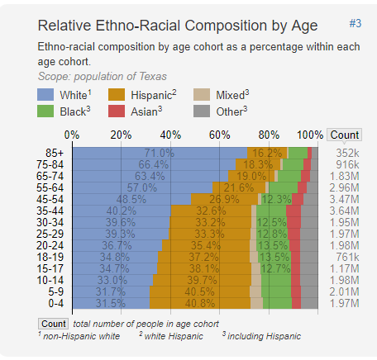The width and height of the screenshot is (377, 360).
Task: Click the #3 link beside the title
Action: [356, 24]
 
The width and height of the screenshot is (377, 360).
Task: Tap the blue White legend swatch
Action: [45, 95]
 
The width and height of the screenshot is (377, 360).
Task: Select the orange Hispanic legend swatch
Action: [117, 95]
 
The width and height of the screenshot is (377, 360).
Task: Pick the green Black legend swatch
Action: [45, 111]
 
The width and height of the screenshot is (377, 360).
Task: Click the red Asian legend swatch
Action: [117, 111]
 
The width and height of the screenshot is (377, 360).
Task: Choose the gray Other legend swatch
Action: [202, 111]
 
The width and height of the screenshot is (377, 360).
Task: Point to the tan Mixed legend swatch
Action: [202, 95]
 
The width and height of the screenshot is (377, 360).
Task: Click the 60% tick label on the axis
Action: [220, 135]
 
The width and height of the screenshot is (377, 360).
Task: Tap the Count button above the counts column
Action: [345, 135]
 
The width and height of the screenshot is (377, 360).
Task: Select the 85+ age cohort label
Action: [55, 153]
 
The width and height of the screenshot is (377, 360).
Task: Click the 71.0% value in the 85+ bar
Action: [160, 153]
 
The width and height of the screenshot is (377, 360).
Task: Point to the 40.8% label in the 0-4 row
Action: [200, 303]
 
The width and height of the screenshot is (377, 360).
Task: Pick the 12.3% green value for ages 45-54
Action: [276, 199]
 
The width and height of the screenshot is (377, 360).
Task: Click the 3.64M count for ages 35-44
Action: [345, 211]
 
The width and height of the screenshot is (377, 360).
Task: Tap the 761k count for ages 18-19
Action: [347, 257]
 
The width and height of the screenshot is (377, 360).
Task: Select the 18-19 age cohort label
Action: [50, 257]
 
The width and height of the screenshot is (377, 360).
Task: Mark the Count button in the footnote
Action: [54, 324]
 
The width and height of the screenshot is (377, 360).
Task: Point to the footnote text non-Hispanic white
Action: [82, 336]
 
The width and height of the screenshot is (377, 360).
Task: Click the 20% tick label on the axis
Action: [122, 135]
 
